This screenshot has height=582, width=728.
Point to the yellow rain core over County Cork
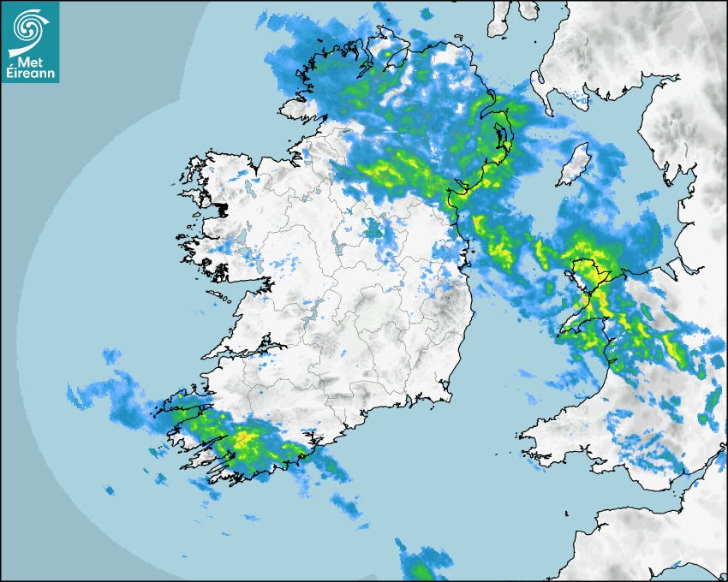pos(244,440)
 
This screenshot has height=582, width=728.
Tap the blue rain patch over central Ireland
pos(375,229)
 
